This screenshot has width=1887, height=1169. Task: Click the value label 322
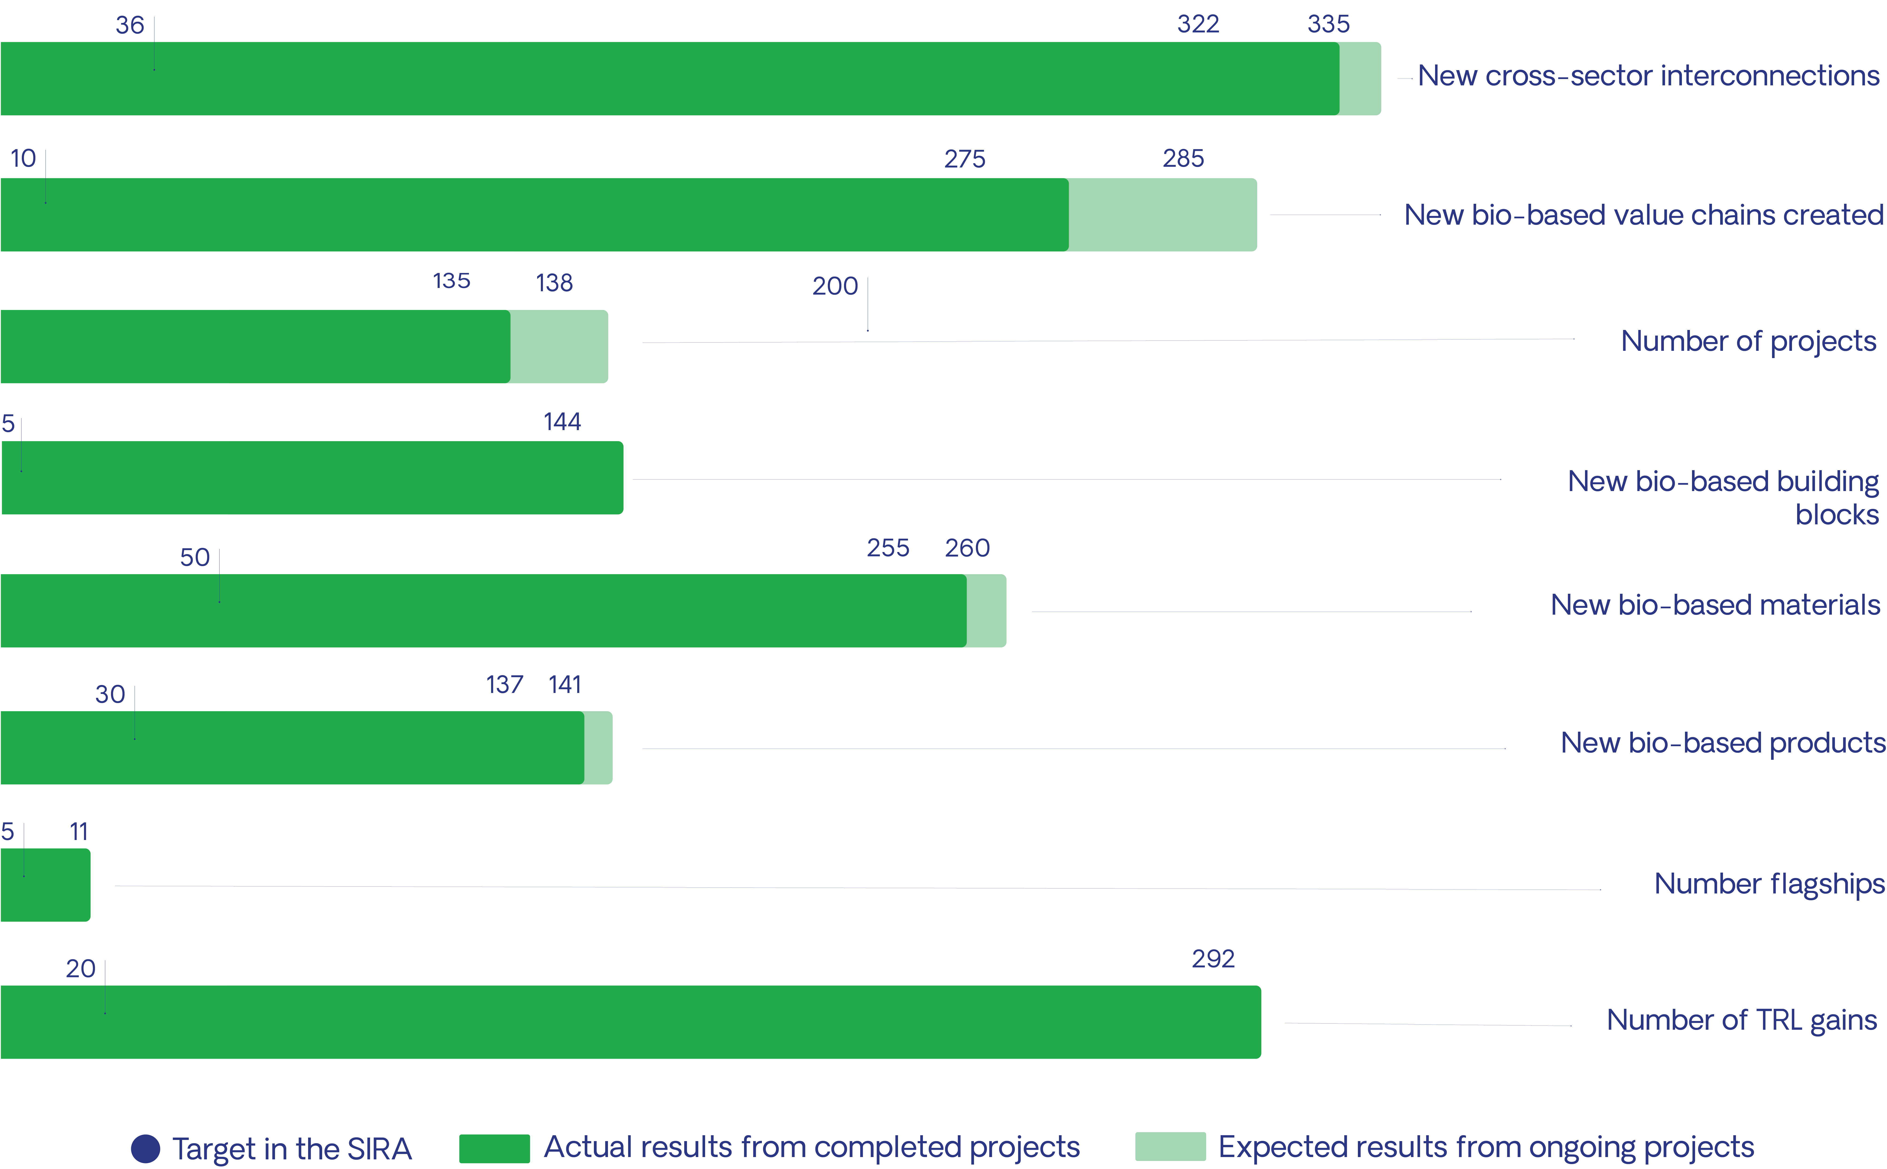tap(1198, 24)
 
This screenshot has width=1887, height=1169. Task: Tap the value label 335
tap(1328, 24)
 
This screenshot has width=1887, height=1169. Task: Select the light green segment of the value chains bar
tap(1162, 215)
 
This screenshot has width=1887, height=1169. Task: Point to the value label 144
tap(562, 421)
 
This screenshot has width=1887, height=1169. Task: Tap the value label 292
tap(1213, 959)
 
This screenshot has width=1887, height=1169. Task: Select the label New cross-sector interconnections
tap(1648, 76)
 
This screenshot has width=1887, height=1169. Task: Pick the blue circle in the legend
tap(145, 1149)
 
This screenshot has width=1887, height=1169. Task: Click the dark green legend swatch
tap(494, 1148)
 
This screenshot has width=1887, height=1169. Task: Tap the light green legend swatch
tap(1170, 1146)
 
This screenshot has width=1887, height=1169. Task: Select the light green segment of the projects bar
tap(559, 346)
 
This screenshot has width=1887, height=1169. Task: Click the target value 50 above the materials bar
tap(195, 557)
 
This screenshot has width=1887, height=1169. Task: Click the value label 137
tap(504, 684)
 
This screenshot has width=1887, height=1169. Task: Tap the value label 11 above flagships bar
tap(79, 832)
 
